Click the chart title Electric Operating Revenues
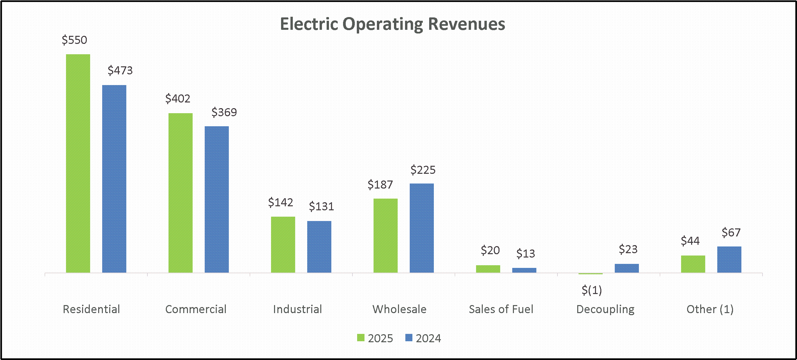(x=393, y=24)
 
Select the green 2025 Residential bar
(x=78, y=163)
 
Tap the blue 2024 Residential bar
(x=114, y=179)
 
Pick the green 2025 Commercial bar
(x=181, y=193)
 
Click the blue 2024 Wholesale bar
(x=422, y=228)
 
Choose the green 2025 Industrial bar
(x=283, y=245)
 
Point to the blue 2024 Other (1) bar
(x=729, y=260)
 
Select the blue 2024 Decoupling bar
(x=627, y=268)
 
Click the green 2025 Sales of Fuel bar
(x=488, y=269)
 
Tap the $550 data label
(x=74, y=40)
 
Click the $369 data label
(x=224, y=112)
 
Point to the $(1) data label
(x=592, y=290)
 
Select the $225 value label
(x=423, y=170)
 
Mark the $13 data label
(x=526, y=254)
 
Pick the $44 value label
(x=690, y=241)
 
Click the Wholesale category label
(x=399, y=309)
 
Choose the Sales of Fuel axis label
(x=501, y=309)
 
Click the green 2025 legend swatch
(x=361, y=338)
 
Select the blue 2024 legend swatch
(x=409, y=338)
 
